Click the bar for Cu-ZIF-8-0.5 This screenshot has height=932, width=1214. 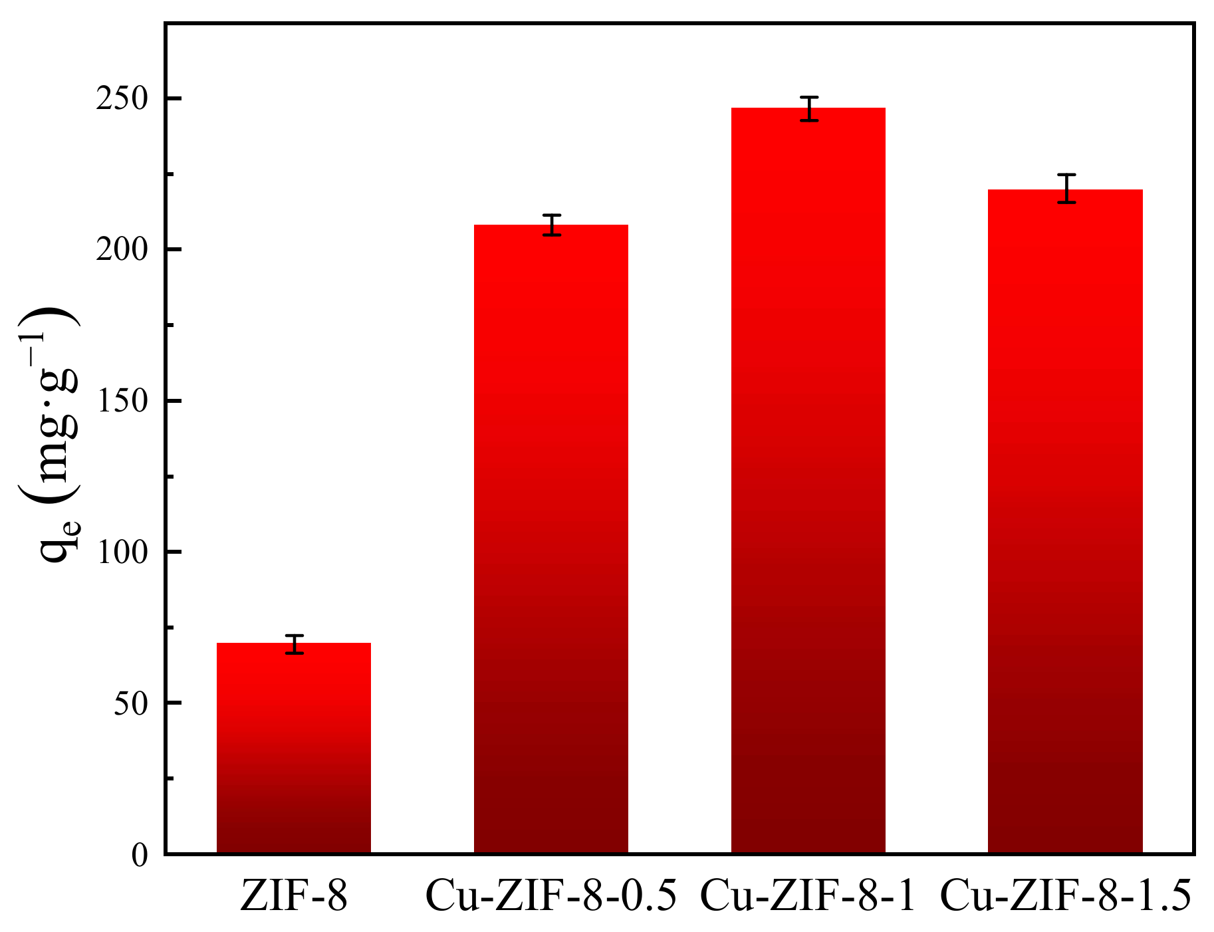(551, 538)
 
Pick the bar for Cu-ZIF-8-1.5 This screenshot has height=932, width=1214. (1066, 521)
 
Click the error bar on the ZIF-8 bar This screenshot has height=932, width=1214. (295, 644)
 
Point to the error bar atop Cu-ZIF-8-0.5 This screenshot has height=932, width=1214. (552, 225)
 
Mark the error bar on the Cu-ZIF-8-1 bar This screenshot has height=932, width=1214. (809, 108)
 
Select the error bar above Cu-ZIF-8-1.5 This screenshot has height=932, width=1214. (1066, 188)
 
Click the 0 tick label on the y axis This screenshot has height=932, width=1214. (139, 855)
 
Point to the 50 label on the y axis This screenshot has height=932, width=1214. (131, 703)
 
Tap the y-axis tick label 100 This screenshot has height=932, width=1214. (122, 552)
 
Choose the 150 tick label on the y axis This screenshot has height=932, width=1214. (122, 402)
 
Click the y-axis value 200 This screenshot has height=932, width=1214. (122, 251)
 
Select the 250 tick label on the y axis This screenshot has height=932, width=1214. (122, 100)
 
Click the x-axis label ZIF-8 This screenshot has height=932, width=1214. (294, 895)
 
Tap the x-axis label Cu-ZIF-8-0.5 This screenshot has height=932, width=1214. (551, 895)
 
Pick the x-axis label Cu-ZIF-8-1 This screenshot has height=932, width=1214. (808, 895)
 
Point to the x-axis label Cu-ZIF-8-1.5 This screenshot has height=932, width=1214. (1066, 895)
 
